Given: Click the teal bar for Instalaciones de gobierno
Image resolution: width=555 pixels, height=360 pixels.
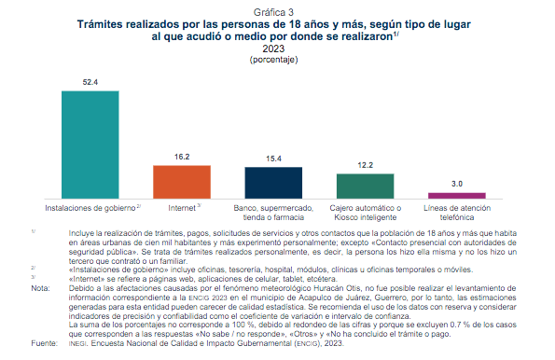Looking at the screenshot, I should click(x=90, y=144).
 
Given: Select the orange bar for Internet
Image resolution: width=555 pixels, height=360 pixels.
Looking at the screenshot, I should click(x=181, y=181).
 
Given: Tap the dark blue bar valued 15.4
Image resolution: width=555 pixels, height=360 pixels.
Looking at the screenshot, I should click(x=273, y=182).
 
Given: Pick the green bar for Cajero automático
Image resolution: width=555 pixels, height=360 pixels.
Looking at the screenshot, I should click(x=365, y=185).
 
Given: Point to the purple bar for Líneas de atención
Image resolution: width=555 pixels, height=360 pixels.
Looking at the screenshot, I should click(x=456, y=195).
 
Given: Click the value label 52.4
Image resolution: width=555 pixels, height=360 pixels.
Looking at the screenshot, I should click(x=90, y=83).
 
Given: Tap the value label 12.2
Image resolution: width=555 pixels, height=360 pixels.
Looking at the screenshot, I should click(x=365, y=165).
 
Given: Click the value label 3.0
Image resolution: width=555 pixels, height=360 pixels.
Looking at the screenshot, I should click(x=456, y=185).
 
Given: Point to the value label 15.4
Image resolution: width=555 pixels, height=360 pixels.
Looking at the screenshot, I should click(x=273, y=159).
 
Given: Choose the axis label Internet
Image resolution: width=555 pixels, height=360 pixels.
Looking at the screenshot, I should click(x=180, y=206).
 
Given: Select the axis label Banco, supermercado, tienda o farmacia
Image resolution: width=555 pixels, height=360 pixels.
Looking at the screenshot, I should click(x=273, y=210).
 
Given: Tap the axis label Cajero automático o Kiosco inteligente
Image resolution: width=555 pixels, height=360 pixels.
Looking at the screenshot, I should click(x=365, y=210).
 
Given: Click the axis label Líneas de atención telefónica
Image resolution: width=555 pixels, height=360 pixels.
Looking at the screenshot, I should click(x=456, y=210).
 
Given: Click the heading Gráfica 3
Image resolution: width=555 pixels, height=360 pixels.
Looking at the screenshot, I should click(x=277, y=8).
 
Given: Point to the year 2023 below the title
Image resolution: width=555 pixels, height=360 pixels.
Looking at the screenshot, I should click(x=277, y=48).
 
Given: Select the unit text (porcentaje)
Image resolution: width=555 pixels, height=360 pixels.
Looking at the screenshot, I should click(x=277, y=59).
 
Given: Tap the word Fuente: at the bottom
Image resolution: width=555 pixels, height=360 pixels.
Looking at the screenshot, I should click(x=44, y=344).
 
